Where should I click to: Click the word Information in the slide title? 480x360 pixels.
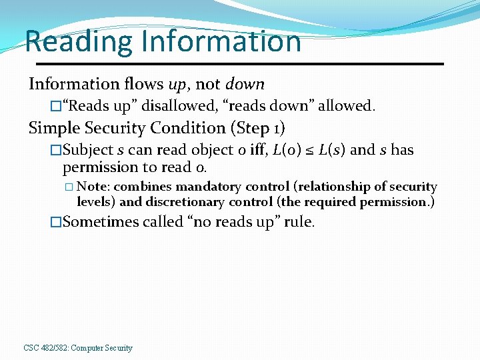[x=220, y=41]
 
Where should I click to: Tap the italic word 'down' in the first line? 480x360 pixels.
[x=245, y=85]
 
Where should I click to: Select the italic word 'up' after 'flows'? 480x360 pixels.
[x=177, y=85]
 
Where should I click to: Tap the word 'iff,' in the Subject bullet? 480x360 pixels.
[x=257, y=150]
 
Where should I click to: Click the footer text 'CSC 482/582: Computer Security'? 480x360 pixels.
[x=78, y=348]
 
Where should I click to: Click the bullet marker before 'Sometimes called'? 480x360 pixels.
[x=56, y=223]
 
